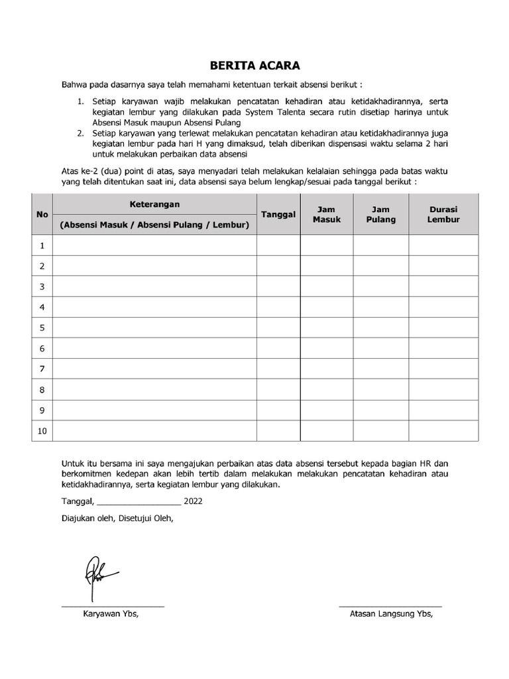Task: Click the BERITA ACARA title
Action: [254, 66]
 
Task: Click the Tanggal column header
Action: [278, 214]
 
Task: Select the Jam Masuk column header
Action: [326, 214]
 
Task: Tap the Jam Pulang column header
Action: [380, 214]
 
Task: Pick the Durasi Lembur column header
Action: [443, 214]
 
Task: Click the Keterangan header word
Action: [154, 204]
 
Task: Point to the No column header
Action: [42, 214]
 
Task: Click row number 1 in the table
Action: [42, 246]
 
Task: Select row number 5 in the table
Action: [42, 328]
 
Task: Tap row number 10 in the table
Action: [42, 431]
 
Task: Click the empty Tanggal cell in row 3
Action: [278, 286]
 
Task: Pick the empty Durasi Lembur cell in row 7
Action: [443, 369]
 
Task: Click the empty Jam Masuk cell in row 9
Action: [326, 410]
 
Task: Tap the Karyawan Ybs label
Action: [111, 614]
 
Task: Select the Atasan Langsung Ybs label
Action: [391, 614]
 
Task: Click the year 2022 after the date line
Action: [193, 501]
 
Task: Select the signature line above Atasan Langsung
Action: [390, 606]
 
